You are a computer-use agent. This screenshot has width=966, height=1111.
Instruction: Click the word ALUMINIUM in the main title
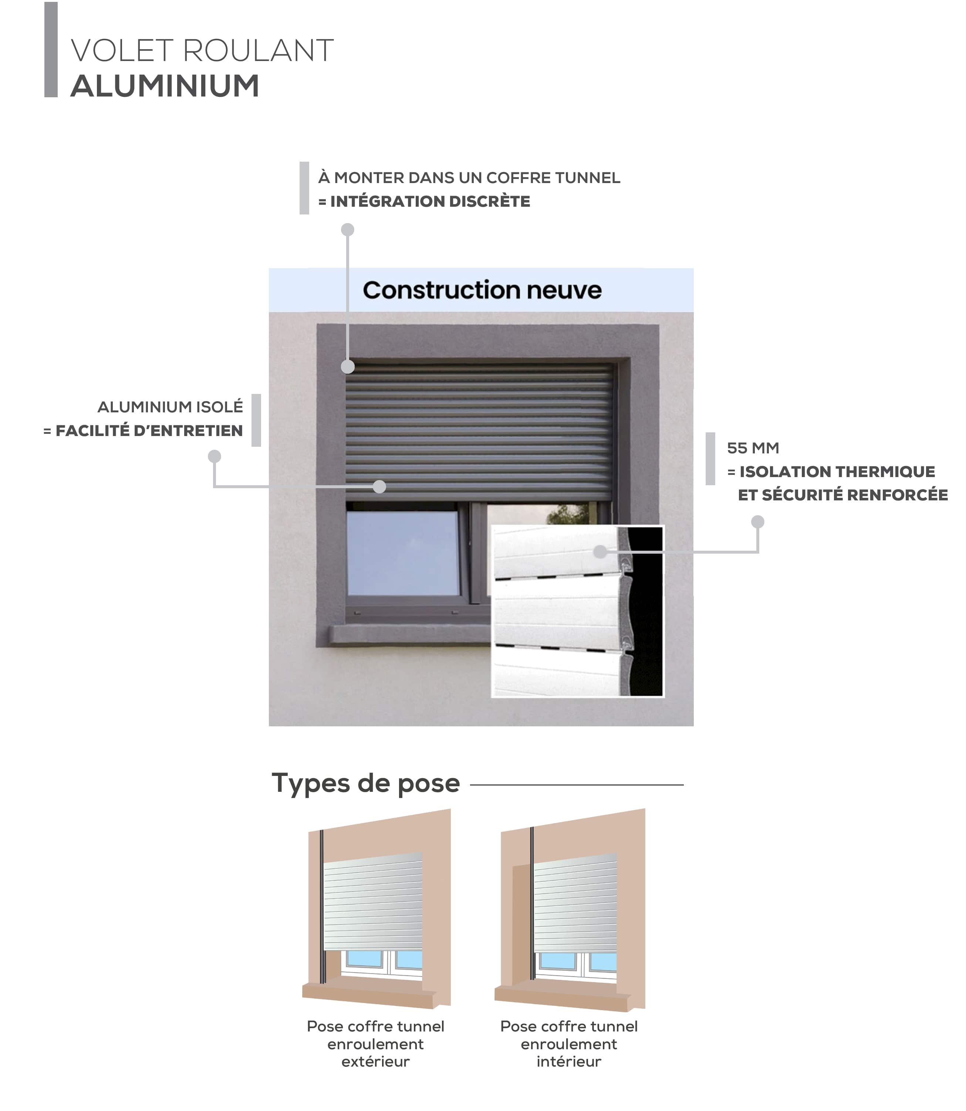(x=165, y=86)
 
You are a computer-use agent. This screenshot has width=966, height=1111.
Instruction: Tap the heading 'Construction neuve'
(x=482, y=290)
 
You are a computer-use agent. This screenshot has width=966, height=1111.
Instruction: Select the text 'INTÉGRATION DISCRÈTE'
(x=430, y=202)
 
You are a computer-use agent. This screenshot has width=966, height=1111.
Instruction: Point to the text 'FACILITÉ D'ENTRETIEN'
(x=149, y=431)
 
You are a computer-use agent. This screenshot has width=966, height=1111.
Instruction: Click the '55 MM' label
(x=753, y=448)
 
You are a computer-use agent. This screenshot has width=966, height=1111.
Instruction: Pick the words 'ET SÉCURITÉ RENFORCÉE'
(x=842, y=495)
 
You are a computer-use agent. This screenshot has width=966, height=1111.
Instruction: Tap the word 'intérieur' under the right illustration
(x=569, y=1061)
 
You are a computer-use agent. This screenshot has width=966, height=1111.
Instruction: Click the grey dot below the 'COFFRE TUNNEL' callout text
(x=348, y=230)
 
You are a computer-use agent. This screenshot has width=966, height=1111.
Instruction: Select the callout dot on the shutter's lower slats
(x=379, y=487)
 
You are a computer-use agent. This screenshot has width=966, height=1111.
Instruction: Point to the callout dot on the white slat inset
(x=600, y=551)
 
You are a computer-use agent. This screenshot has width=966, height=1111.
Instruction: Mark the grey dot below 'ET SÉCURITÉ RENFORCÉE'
(x=757, y=522)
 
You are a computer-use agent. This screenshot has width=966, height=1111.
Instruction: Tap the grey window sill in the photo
(x=410, y=635)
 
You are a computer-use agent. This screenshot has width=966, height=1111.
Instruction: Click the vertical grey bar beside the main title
(x=51, y=50)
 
